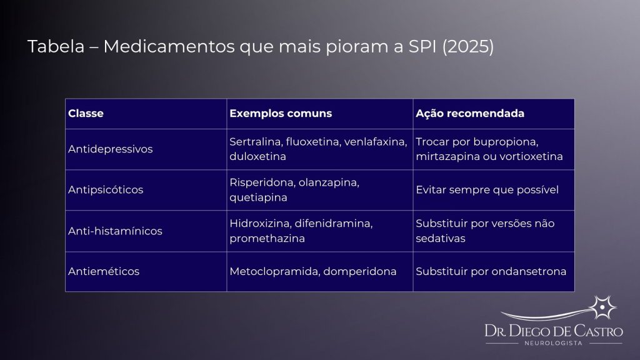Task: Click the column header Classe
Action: tap(86, 114)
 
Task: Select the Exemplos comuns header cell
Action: tap(281, 114)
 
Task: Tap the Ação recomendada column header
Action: tap(470, 114)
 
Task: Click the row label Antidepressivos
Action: tap(110, 149)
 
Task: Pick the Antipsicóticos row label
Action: tap(106, 190)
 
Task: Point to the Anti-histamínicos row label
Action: tap(115, 231)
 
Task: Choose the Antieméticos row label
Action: tap(104, 272)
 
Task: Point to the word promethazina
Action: tap(267, 239)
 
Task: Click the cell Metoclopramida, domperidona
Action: tap(313, 272)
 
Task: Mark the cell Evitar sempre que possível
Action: tap(487, 190)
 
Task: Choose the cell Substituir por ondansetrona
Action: tap(491, 272)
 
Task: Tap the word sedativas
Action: tap(441, 239)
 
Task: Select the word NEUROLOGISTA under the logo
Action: tap(554, 343)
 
